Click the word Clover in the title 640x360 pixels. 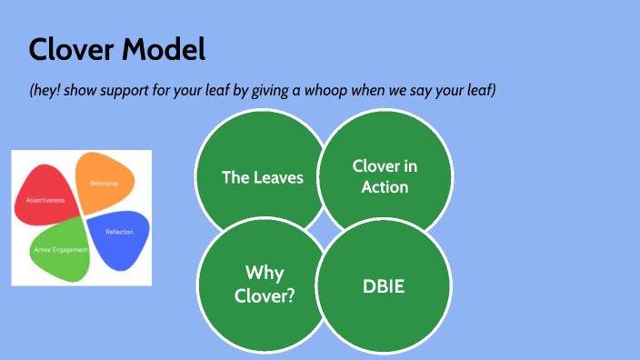pyautogui.click(x=70, y=49)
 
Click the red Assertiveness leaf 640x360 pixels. pyautogui.click(x=47, y=195)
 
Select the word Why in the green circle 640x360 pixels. pyautogui.click(x=264, y=273)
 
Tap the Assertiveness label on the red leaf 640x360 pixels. pyautogui.click(x=45, y=199)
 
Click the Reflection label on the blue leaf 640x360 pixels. pyautogui.click(x=119, y=233)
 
